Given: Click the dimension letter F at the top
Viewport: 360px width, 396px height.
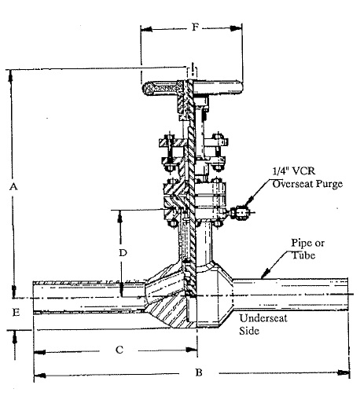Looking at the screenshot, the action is tap(195, 27).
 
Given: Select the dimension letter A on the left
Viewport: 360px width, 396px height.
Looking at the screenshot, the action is tap(13, 187).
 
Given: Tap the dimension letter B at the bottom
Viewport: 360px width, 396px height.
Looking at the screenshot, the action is tap(199, 372).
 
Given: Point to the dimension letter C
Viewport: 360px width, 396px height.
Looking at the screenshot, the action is tap(119, 350).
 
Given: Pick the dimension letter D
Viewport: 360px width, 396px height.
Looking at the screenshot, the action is tap(123, 253).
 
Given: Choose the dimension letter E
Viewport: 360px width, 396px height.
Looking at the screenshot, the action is tap(17, 312).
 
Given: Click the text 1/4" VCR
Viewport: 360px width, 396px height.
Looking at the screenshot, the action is tap(294, 171).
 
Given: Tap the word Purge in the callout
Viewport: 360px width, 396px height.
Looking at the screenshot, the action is tap(329, 184).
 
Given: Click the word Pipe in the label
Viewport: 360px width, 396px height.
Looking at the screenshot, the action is tap(300, 244).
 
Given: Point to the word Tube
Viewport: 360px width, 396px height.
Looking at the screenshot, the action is tap(303, 255).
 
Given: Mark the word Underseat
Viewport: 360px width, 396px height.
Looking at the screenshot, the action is tap(263, 318).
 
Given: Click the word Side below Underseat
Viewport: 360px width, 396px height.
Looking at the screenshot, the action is tap(249, 331).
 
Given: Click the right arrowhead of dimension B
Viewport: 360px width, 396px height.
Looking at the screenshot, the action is tap(343, 372).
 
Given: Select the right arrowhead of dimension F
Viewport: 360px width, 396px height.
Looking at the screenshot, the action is tap(236, 28).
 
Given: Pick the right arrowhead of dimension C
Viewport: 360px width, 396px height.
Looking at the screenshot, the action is tap(191, 350).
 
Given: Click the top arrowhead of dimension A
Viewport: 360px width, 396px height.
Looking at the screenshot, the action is tap(10, 76).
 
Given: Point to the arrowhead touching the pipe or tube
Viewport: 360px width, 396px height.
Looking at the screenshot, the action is tap(265, 273).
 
